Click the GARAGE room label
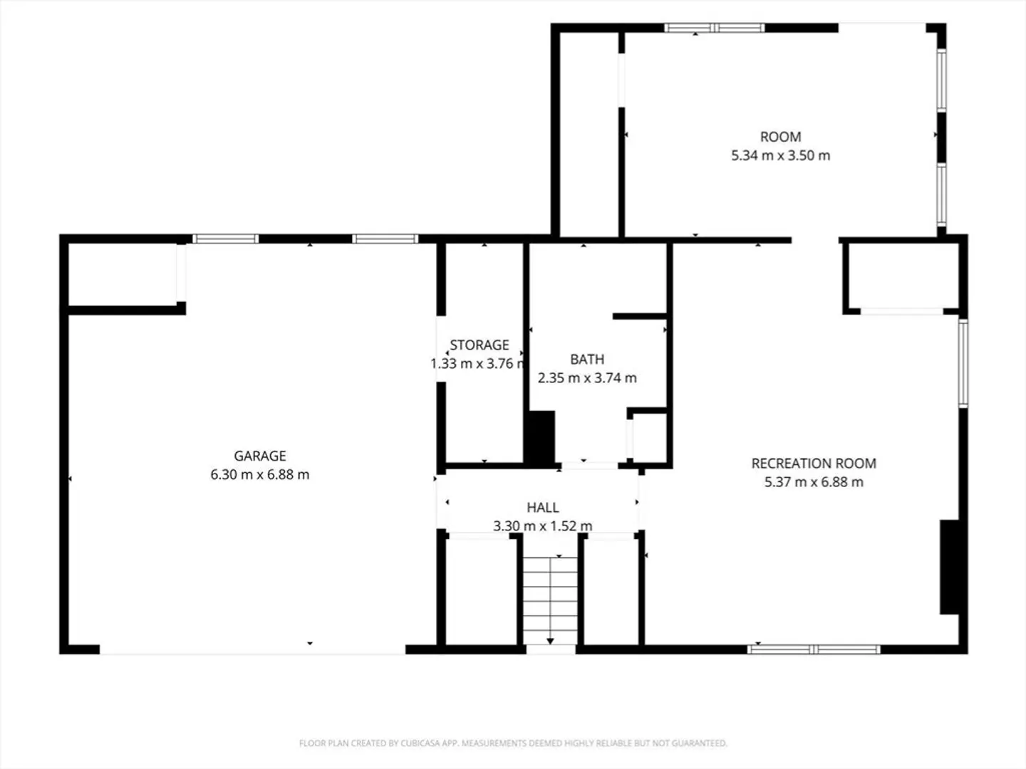coord(260,456)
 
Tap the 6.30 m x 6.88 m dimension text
coord(260,474)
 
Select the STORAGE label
coord(479,345)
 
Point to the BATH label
coord(587,359)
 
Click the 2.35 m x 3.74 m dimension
coord(587,377)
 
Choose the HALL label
coord(543,507)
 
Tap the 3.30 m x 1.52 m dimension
coord(543,525)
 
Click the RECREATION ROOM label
coord(814,463)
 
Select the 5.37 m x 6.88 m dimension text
coord(814,482)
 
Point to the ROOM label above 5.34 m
coord(781,137)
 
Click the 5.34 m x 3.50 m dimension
coord(781,155)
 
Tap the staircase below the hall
coord(550,600)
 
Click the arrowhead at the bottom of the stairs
coord(550,641)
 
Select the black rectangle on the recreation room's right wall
coord(949,567)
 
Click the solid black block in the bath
coord(539,437)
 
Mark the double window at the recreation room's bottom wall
coord(814,649)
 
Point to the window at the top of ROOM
coord(714,28)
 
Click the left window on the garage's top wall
coord(225,239)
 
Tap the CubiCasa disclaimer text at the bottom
coord(513,743)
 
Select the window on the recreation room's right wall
coord(963,363)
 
